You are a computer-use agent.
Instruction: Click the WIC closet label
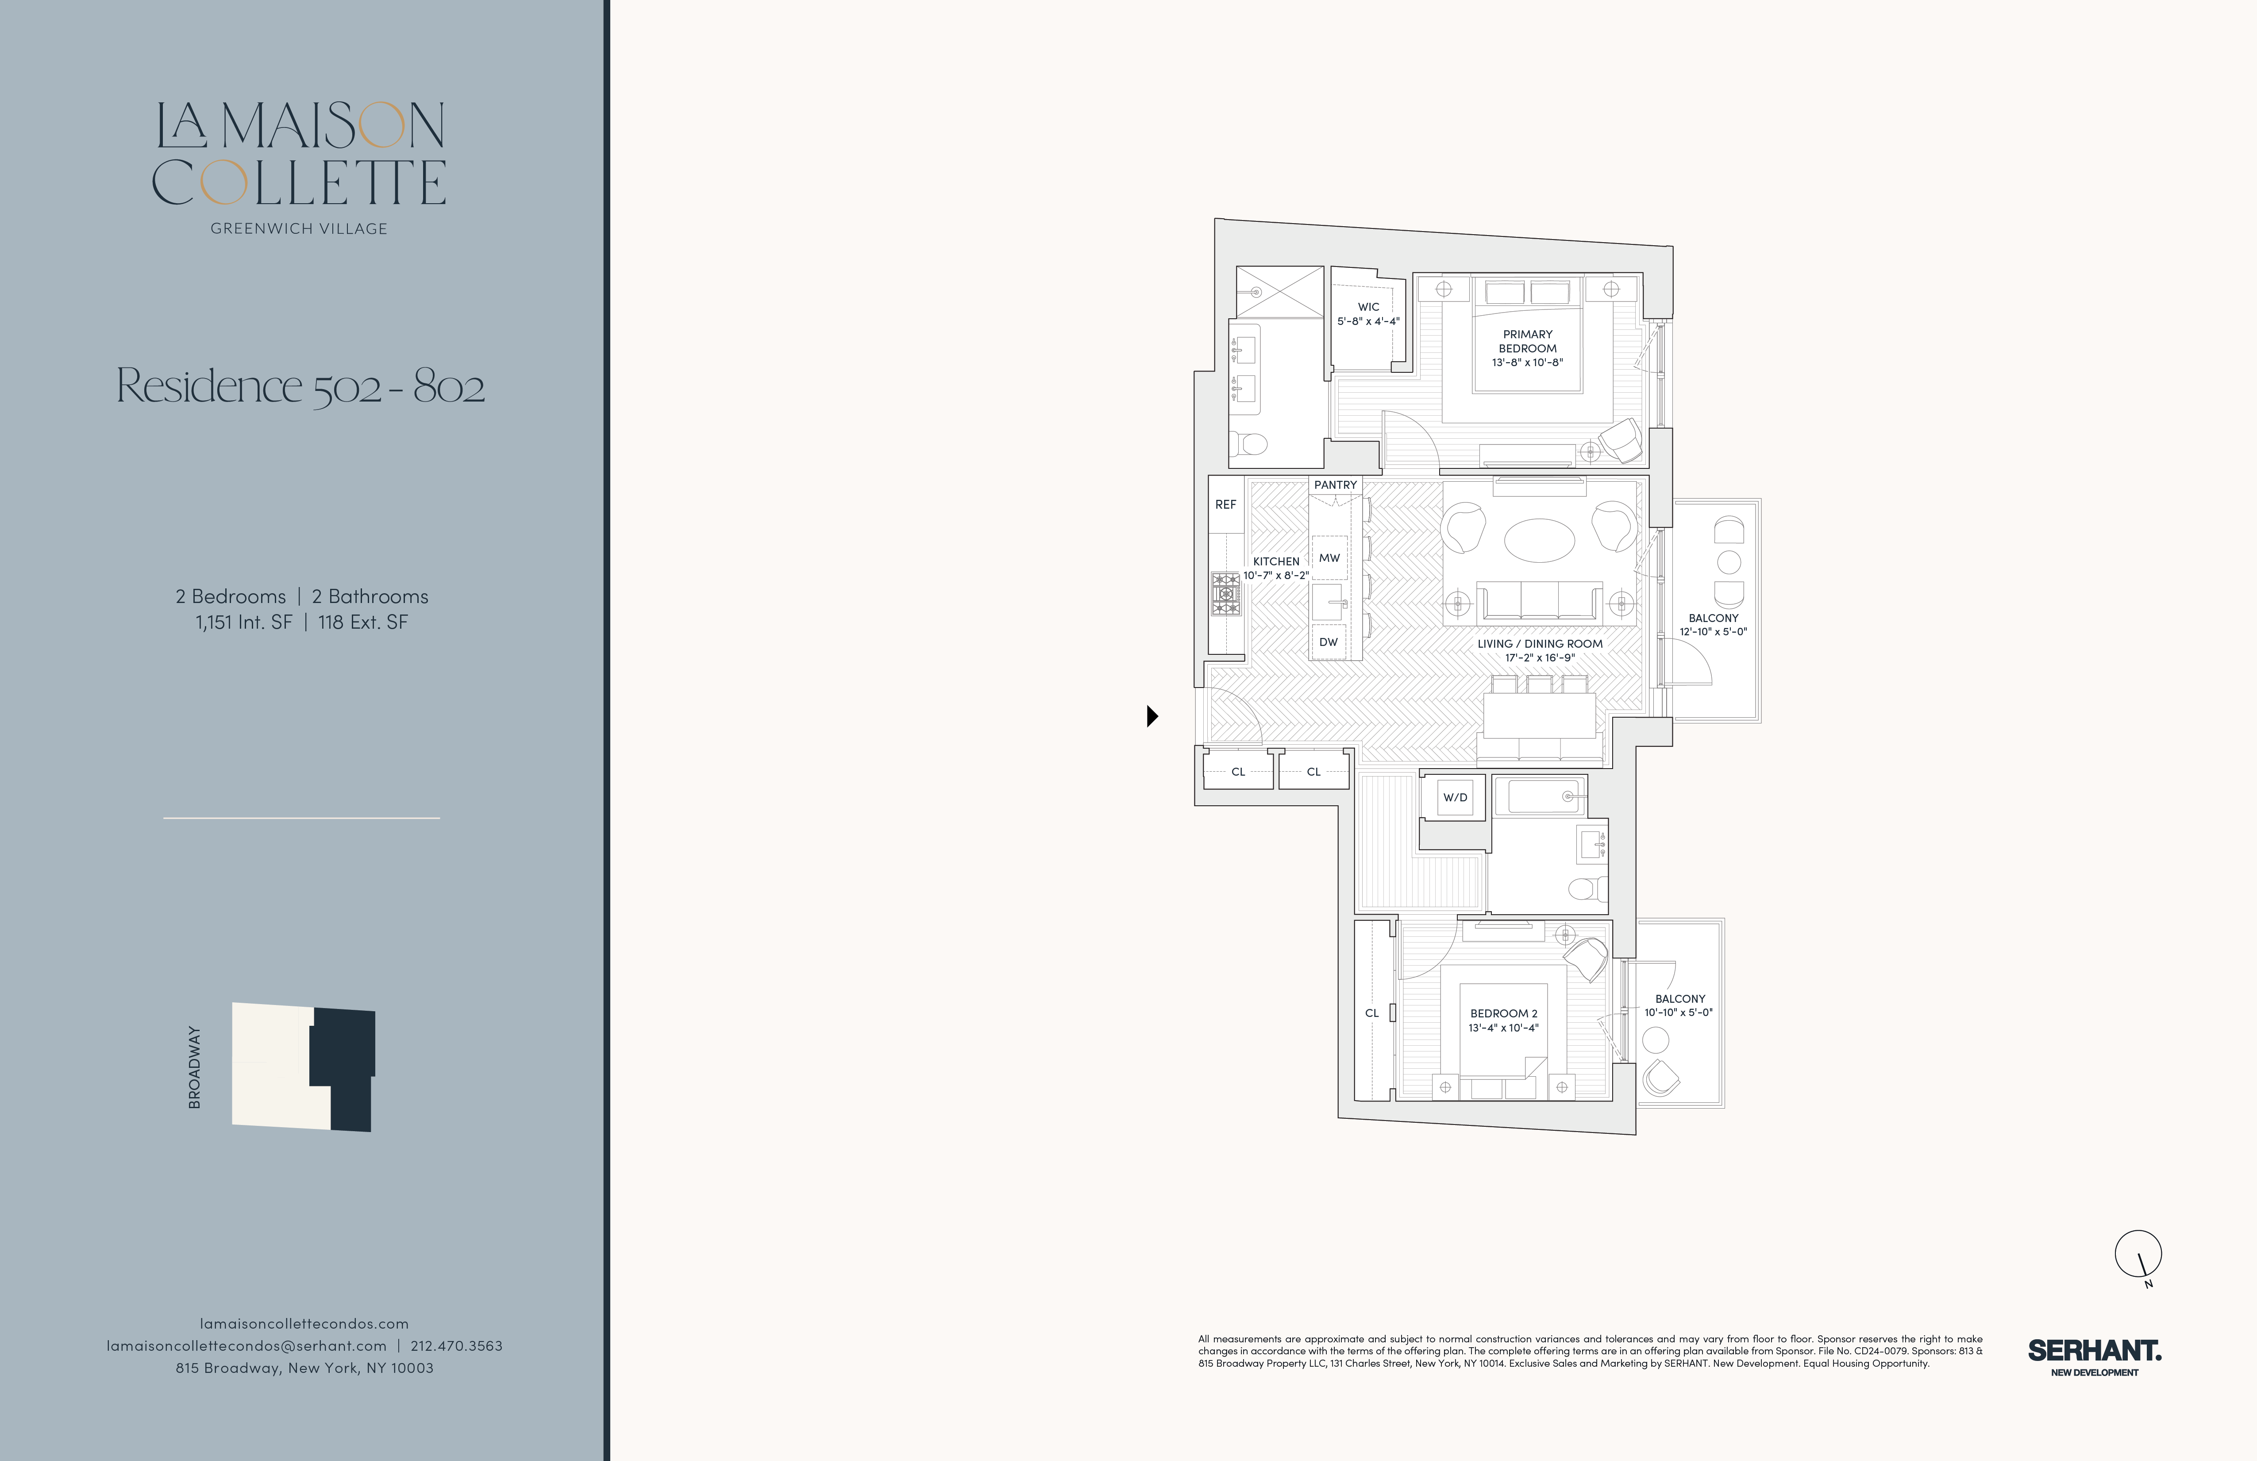tap(1368, 306)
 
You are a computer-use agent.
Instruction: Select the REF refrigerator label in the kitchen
tap(1225, 505)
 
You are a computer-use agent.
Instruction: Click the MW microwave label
tap(1329, 558)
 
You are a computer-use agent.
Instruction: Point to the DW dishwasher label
tap(1329, 642)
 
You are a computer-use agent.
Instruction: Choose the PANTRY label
tap(1335, 485)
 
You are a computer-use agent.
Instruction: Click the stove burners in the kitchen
tap(1225, 594)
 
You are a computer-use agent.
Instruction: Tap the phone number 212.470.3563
tap(456, 1345)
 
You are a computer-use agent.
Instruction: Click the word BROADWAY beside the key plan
tap(194, 1067)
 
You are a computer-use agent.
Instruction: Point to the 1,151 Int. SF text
tap(244, 622)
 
